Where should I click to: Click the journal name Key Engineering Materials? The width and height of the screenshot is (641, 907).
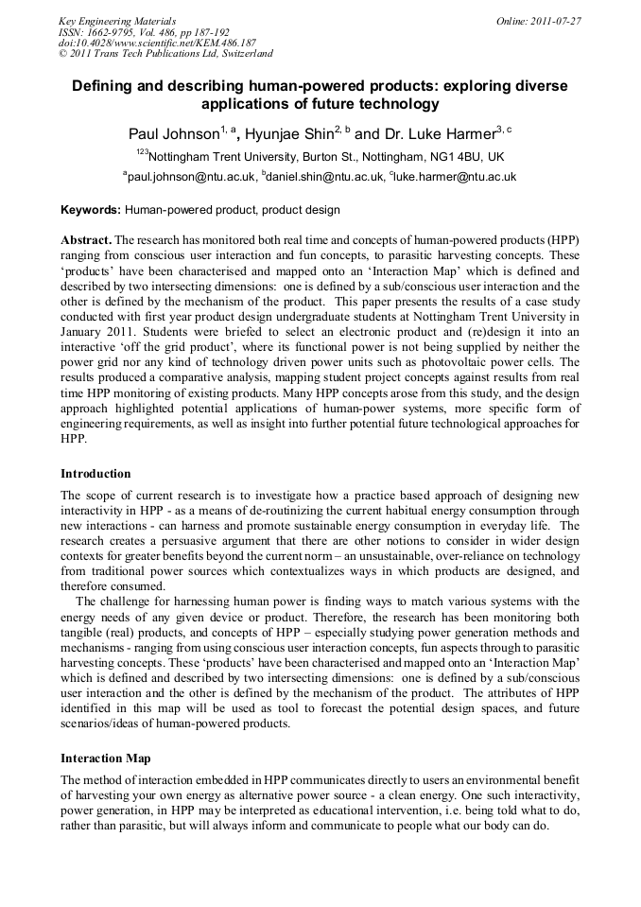pyautogui.click(x=117, y=20)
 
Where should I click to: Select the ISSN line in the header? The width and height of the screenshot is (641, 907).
pyautogui.click(x=144, y=31)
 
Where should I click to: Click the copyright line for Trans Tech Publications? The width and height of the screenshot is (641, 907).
pyautogui.click(x=165, y=54)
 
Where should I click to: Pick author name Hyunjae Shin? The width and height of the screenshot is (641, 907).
pyautogui.click(x=288, y=133)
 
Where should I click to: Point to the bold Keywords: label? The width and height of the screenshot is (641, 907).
pyautogui.click(x=91, y=210)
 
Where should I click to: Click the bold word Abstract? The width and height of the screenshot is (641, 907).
pyautogui.click(x=86, y=240)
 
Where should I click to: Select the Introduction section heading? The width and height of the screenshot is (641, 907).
pyautogui.click(x=95, y=473)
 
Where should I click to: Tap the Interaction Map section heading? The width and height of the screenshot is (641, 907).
pyautogui.click(x=105, y=758)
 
